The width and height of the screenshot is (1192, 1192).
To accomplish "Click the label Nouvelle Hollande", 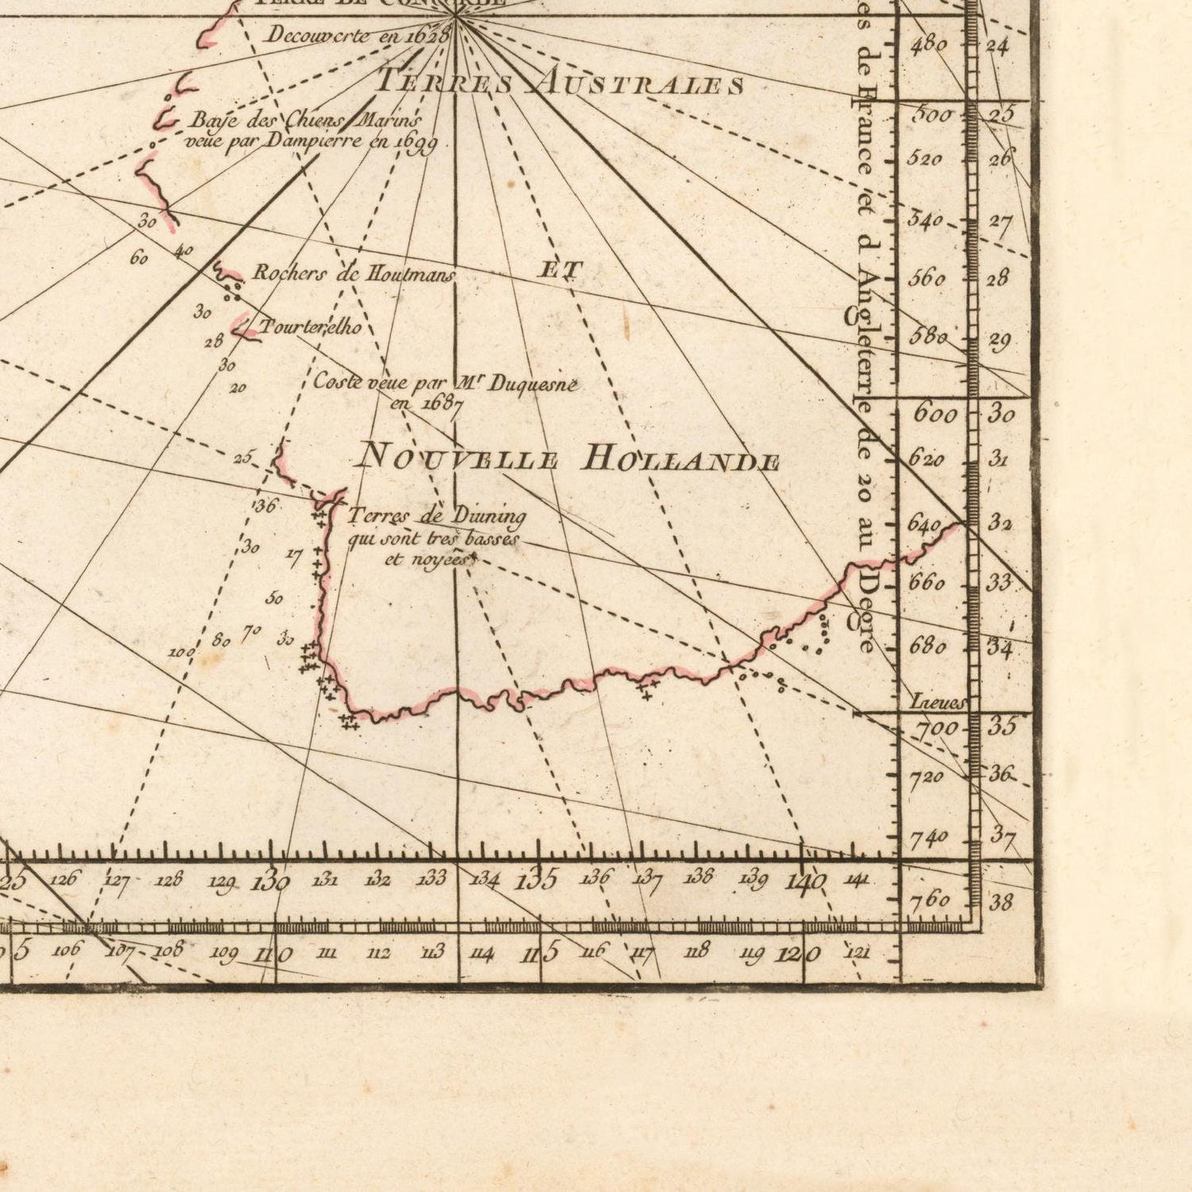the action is click(569, 458).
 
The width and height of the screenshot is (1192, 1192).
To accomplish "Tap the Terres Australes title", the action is click(561, 82).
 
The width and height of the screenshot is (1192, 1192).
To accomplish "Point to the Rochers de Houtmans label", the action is click(353, 274).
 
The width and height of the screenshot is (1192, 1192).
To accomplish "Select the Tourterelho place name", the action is click(311, 327).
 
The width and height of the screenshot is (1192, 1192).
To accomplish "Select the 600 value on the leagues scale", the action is click(935, 413).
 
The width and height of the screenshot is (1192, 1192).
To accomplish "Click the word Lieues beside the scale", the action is click(936, 703).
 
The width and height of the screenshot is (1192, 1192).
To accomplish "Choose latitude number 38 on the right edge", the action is click(1001, 902).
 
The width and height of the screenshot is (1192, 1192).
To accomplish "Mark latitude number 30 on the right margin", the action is click(1001, 413).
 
